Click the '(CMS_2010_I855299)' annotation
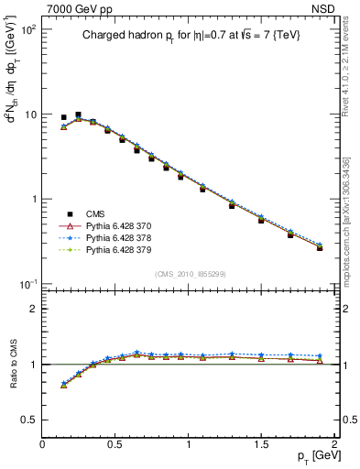coord(188,274)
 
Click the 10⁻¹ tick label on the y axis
coord(27,284)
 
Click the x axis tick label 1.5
coord(261,444)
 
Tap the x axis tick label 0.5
coord(115,444)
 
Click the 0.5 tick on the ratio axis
coord(29,420)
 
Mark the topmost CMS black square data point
coord(78,115)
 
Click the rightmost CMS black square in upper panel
coord(320,247)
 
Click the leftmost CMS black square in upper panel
coord(63,117)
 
